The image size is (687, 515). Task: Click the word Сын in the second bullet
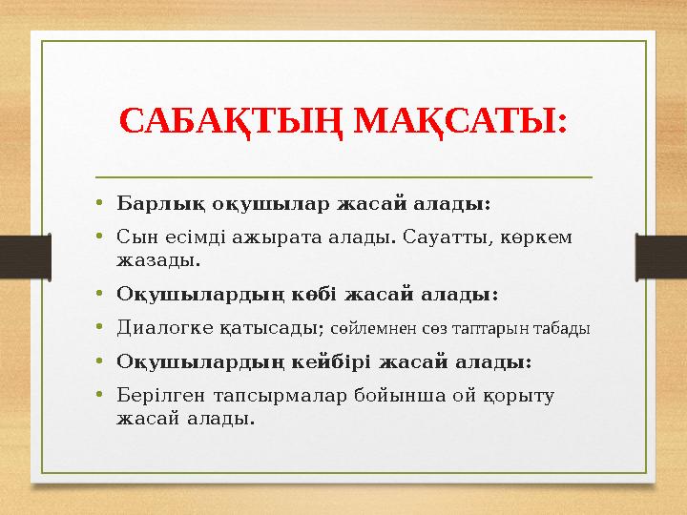pos(134,236)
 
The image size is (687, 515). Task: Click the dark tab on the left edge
pos(19,257)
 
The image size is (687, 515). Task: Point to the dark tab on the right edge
pos(667,257)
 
